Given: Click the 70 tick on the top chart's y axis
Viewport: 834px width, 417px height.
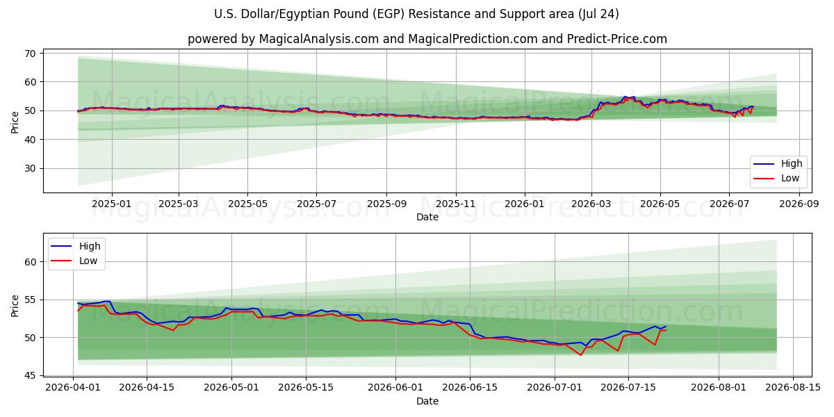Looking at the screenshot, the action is (30, 54).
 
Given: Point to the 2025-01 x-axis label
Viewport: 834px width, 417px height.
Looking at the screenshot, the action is (112, 204).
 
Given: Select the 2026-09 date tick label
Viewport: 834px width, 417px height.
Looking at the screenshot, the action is (799, 204).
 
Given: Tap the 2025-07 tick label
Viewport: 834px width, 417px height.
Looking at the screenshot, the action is (316, 204).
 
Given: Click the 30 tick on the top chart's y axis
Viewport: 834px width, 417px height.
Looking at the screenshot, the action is (30, 169).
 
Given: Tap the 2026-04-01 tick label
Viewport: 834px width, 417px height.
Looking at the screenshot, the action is (73, 388).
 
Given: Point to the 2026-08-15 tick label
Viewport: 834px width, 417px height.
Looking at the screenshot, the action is (793, 388).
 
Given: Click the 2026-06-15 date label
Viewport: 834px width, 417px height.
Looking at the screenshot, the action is (470, 388).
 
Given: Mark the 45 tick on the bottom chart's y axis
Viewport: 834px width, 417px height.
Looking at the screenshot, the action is (30, 376).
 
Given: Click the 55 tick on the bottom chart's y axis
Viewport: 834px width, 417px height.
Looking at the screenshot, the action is (30, 300).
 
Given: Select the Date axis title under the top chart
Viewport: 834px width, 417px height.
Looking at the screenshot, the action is (427, 217).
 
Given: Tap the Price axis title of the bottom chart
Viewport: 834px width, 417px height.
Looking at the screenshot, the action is (15, 306).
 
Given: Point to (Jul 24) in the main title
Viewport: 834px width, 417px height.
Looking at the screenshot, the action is (598, 14).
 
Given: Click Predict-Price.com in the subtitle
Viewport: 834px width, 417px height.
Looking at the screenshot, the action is (617, 39).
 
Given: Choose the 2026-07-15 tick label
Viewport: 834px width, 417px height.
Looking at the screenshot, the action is (628, 388).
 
